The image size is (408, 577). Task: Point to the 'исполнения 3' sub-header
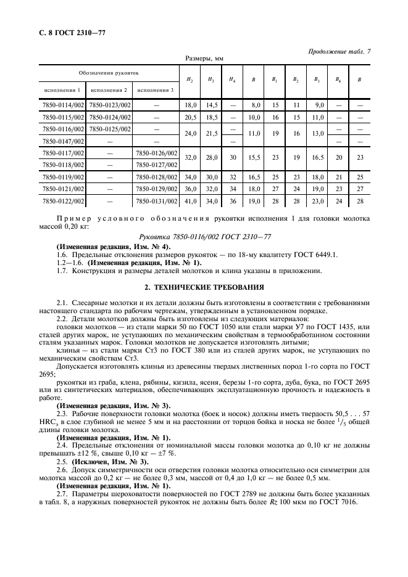pyautogui.click(x=156, y=90)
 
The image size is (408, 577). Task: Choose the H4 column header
pyautogui.click(x=232, y=79)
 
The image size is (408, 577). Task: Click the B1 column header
pyautogui.click(x=275, y=79)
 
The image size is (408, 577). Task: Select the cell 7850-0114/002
pyautogui.click(x=62, y=105)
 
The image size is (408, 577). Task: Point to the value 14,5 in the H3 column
pyautogui.click(x=211, y=105)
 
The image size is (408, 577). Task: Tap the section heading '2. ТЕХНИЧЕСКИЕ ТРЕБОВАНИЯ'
pyautogui.click(x=204, y=287)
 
